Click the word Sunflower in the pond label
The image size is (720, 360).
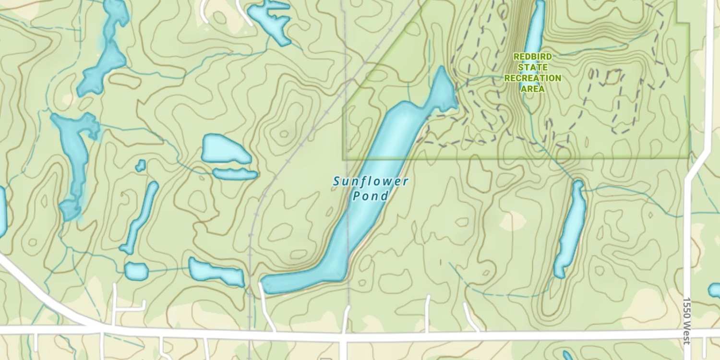[x=371, y=181]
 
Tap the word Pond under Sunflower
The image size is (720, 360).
[x=370, y=196]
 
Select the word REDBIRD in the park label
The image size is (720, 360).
[x=532, y=57]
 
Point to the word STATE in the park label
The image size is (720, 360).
[x=532, y=67]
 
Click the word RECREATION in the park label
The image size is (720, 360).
[x=532, y=78]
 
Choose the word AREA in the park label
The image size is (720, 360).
[x=532, y=89]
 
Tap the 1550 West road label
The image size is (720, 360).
[x=687, y=321]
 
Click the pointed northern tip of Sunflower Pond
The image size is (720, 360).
[x=441, y=68]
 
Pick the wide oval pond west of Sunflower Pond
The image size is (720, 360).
[x=225, y=149]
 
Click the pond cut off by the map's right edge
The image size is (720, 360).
[x=715, y=290]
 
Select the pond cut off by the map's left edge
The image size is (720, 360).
[x=2, y=211]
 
